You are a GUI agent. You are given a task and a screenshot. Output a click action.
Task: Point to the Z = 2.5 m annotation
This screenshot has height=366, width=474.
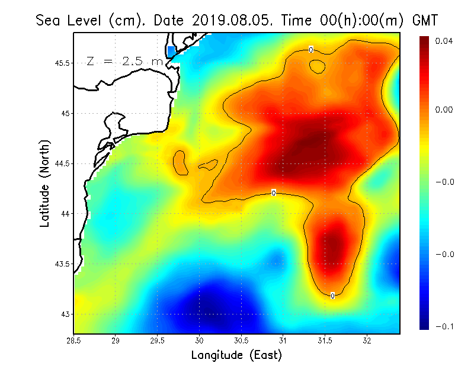pyautogui.click(x=125, y=61)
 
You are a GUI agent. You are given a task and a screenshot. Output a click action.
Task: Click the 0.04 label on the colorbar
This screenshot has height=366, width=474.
pyautogui.click(x=444, y=41)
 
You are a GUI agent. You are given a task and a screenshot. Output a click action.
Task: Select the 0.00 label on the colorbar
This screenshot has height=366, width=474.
pyautogui.click(x=444, y=110)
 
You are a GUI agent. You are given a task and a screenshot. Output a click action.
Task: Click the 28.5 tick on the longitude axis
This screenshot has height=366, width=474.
pyautogui.click(x=74, y=341)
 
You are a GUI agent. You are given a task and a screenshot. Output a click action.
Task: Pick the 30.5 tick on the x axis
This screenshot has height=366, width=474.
pyautogui.click(x=241, y=341)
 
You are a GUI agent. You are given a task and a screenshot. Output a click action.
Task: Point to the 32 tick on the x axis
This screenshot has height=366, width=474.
pyautogui.click(x=367, y=341)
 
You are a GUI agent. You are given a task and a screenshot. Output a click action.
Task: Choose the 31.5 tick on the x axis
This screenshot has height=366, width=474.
pyautogui.click(x=325, y=341)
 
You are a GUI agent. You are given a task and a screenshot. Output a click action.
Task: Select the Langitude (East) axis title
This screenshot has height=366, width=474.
pyautogui.click(x=236, y=355)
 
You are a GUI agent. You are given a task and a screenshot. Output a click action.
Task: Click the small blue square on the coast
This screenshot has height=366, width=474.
pyautogui.click(x=171, y=51)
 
